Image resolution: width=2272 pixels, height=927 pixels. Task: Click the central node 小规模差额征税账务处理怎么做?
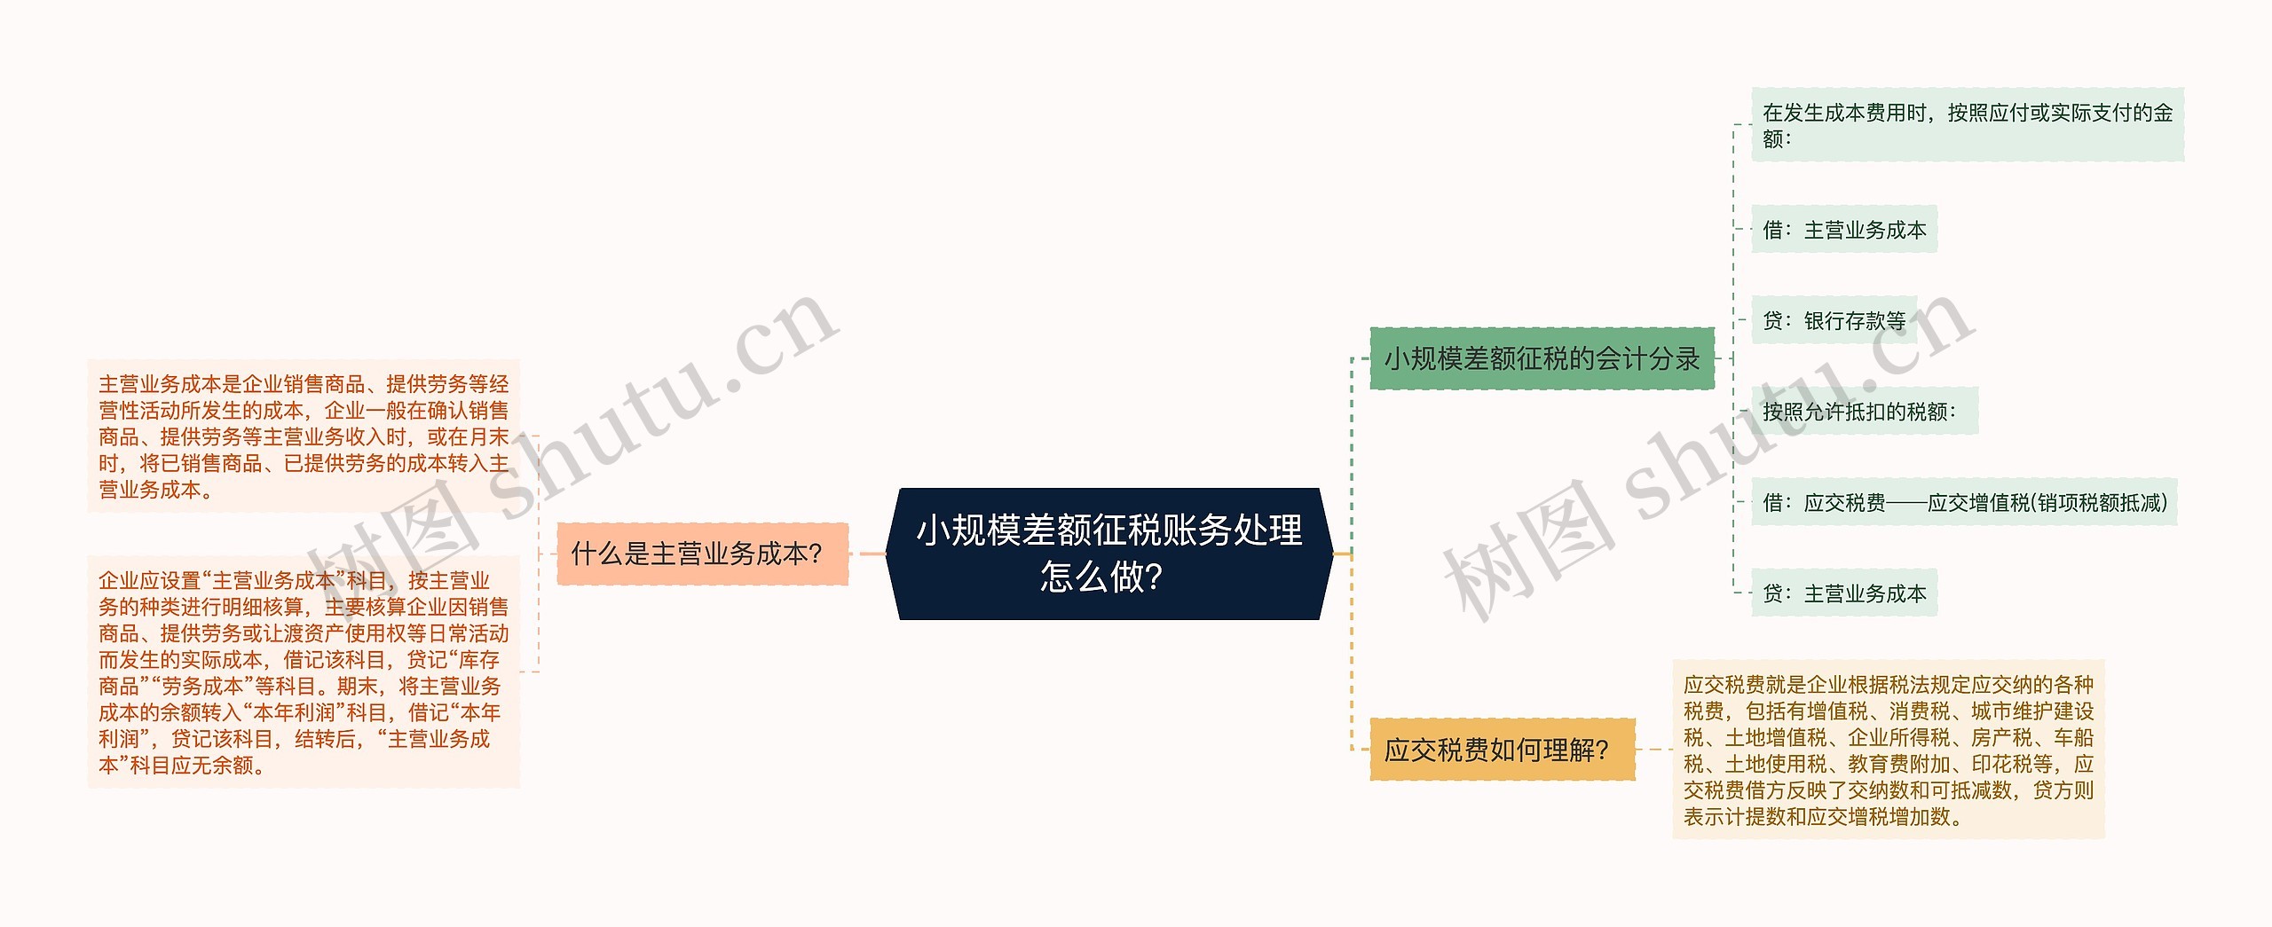[1109, 553]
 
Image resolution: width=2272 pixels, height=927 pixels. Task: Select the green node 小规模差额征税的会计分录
[1542, 358]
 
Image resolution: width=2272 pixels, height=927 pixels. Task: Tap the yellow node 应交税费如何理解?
[1502, 750]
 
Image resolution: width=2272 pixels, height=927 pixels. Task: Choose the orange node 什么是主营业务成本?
[702, 554]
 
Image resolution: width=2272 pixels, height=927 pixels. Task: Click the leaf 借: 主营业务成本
[1843, 230]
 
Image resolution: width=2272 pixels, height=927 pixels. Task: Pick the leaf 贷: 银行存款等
[1834, 320]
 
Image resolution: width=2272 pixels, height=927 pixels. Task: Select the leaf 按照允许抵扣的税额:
[1864, 412]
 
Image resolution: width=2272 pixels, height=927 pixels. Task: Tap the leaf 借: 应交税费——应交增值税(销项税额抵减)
[1963, 503]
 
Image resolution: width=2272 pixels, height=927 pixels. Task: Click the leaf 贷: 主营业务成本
[1843, 593]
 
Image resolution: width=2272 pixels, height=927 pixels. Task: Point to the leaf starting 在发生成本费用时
[1967, 125]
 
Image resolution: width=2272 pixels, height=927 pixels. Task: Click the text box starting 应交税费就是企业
[1888, 750]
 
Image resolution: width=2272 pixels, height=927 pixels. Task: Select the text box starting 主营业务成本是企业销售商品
[303, 436]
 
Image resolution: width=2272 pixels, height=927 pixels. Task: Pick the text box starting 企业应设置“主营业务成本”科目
[303, 672]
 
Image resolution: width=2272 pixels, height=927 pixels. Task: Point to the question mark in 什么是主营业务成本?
[816, 554]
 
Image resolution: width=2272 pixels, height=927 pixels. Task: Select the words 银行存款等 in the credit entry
[1855, 320]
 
